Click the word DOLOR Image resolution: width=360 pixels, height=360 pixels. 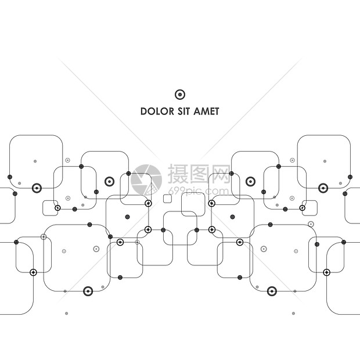(x=157, y=111)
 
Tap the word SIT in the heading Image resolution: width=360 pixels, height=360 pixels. (x=184, y=111)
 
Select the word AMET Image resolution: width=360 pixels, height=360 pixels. (x=206, y=111)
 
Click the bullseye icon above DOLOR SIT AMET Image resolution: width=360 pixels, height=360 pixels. (x=180, y=95)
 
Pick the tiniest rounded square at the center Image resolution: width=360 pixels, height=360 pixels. (x=167, y=199)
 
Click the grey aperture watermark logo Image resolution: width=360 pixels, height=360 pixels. (x=146, y=180)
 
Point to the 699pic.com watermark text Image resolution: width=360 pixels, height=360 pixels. (x=199, y=191)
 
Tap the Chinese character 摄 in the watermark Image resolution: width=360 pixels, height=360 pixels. (x=178, y=174)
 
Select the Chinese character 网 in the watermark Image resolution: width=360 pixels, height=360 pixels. (x=219, y=174)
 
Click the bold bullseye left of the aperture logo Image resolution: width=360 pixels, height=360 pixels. (x=110, y=182)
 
